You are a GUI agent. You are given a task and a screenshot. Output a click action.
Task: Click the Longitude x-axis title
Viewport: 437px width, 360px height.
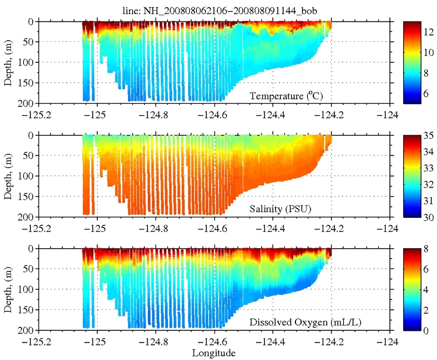(x=213, y=352)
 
